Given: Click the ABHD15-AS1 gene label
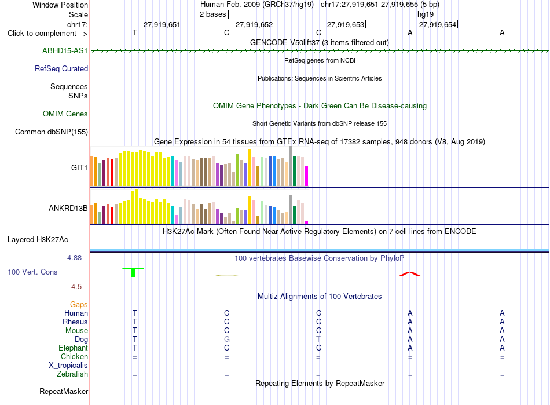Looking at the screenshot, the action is tap(65, 50).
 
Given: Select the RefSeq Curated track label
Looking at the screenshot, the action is tap(61, 68).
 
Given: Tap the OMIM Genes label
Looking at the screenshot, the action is tap(65, 114).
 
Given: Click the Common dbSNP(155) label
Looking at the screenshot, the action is tap(52, 132).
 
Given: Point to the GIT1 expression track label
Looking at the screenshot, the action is tap(79, 167).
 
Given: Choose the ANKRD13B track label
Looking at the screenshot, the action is tap(68, 208).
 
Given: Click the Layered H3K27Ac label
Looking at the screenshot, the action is tap(38, 240).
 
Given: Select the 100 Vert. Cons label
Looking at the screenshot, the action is tap(32, 272).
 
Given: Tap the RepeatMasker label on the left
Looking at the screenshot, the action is tap(64, 391).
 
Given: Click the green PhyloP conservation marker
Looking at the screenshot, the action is tap(133, 272).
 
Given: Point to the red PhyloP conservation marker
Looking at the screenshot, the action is tap(410, 274).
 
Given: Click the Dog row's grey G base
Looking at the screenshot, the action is tap(226, 339).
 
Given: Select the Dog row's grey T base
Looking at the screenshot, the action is tap(318, 339).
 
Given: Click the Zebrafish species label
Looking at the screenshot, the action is tap(72, 374).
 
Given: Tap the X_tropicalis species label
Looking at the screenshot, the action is tap(68, 365).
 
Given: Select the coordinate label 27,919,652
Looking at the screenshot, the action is tap(254, 24).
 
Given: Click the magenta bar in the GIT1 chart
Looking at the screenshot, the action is tap(307, 176).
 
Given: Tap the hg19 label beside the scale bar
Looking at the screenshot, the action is tap(426, 14).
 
